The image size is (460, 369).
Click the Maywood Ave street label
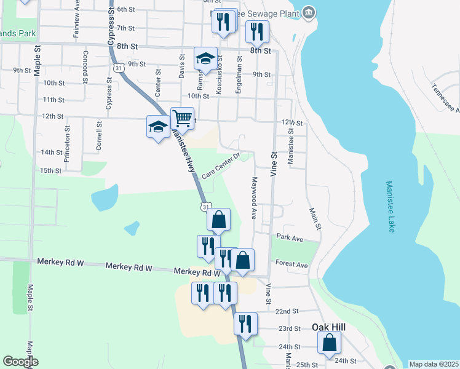[253, 199]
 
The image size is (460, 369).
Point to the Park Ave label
[290, 237]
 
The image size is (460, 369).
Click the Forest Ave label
[292, 264]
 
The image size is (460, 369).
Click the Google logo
[20, 362]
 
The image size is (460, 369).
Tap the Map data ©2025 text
[434, 364]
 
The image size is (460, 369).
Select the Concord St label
[84, 68]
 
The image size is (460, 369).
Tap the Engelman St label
[239, 80]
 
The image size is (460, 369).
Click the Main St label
[314, 218]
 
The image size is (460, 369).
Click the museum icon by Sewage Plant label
[309, 12]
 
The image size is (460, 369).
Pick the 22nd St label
[287, 312]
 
